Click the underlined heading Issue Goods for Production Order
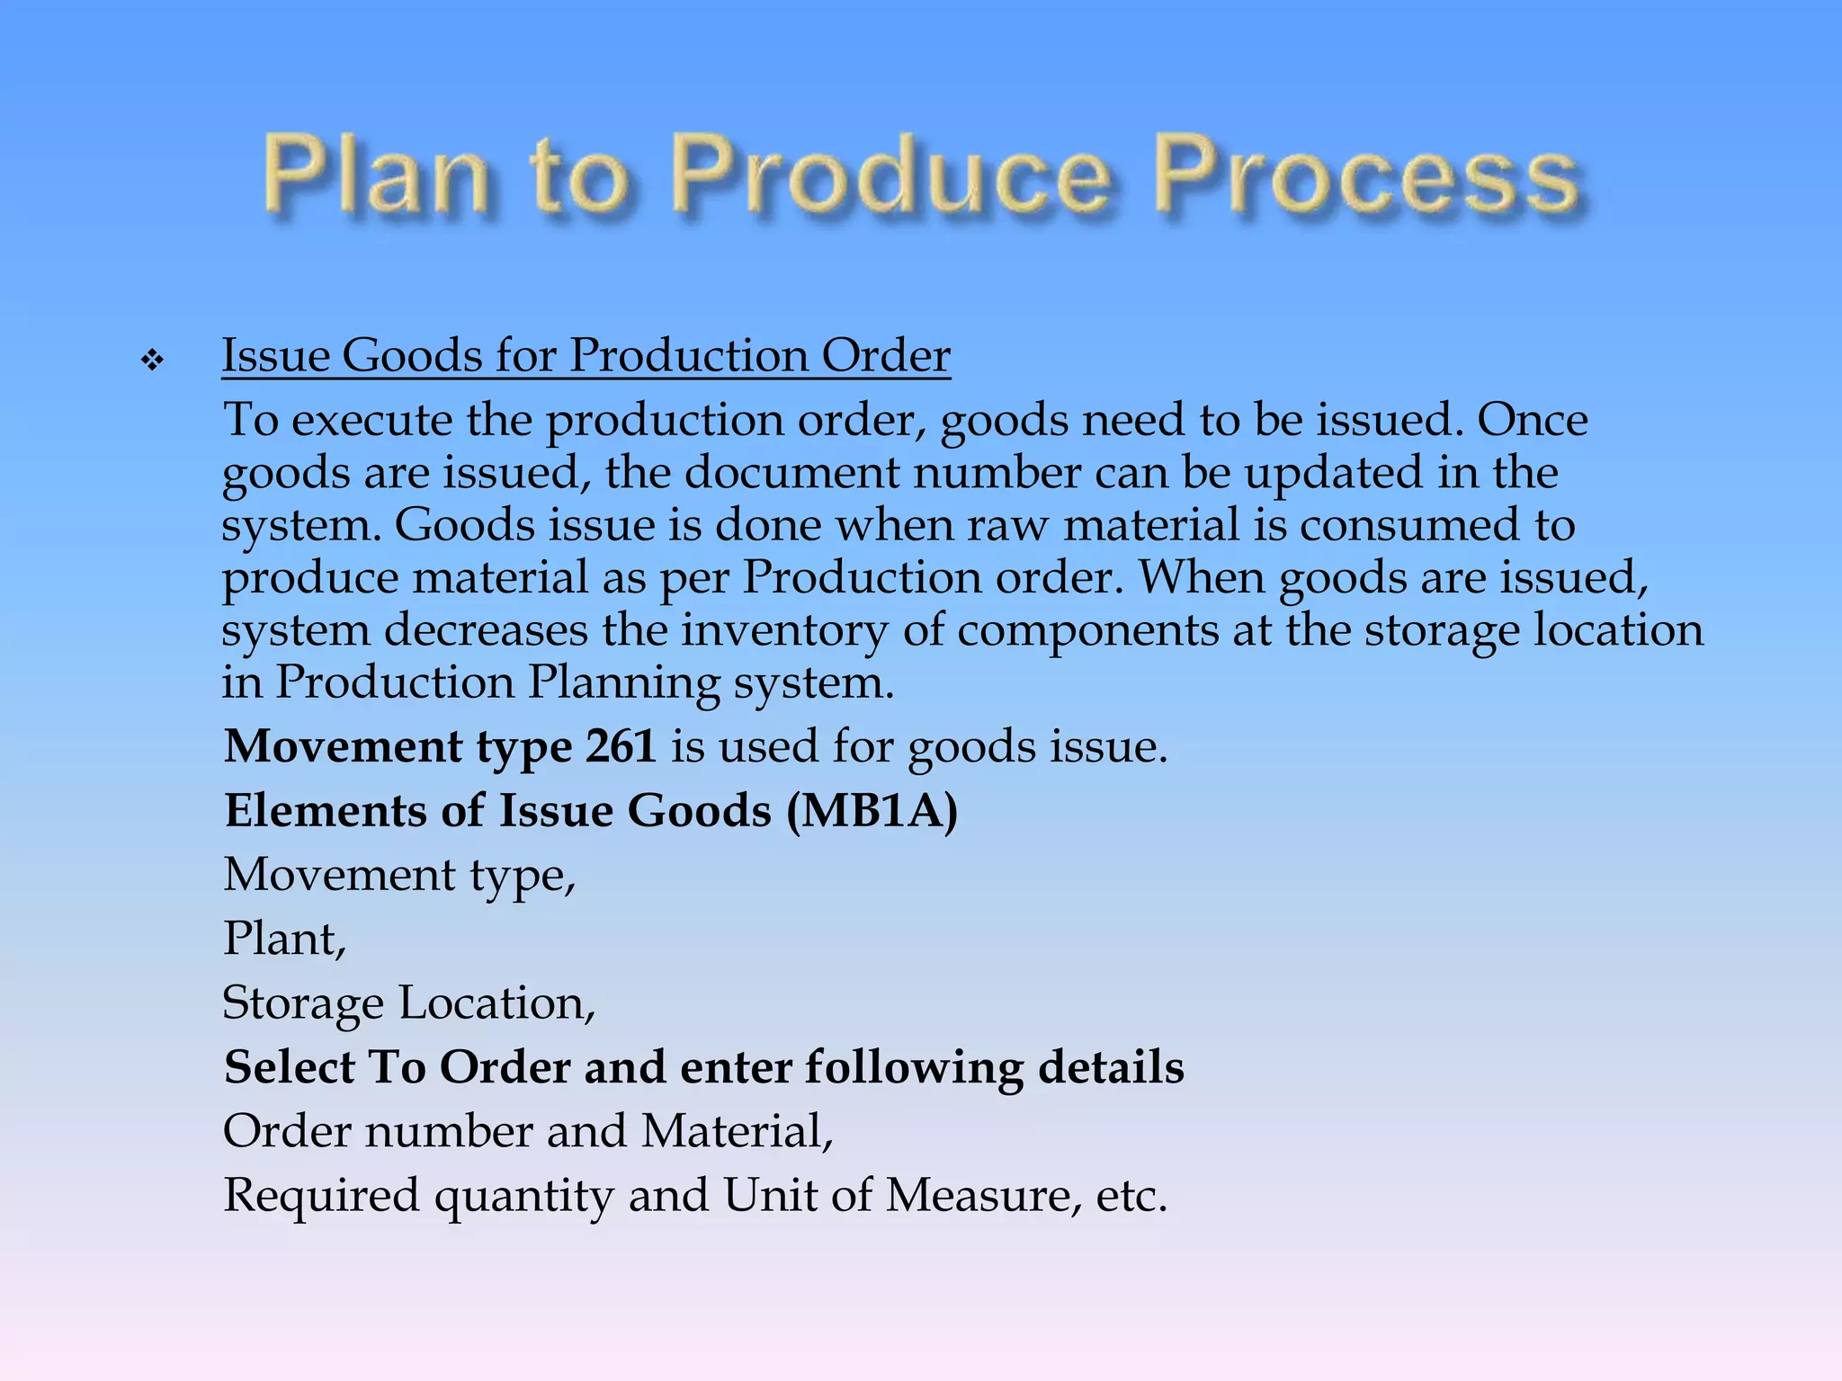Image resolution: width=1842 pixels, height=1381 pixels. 586,356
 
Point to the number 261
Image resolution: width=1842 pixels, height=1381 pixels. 621,746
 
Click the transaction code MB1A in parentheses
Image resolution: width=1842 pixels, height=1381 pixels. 872,811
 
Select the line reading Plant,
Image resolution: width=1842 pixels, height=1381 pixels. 284,939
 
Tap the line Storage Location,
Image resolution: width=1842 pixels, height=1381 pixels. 408,1002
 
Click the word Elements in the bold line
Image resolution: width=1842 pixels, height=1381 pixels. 325,811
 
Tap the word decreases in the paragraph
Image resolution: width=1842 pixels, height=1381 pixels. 486,630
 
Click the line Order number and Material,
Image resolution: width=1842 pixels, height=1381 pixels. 528,1131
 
